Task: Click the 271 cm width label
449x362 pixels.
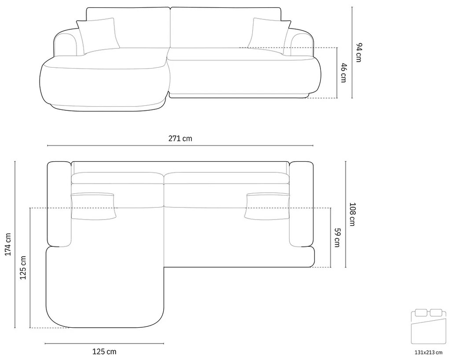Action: click(x=180, y=138)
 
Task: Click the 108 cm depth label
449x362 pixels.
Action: click(x=352, y=214)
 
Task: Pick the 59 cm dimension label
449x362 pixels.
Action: click(x=337, y=237)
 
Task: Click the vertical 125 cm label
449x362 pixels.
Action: click(x=22, y=268)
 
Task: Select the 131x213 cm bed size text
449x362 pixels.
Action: click(x=429, y=353)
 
